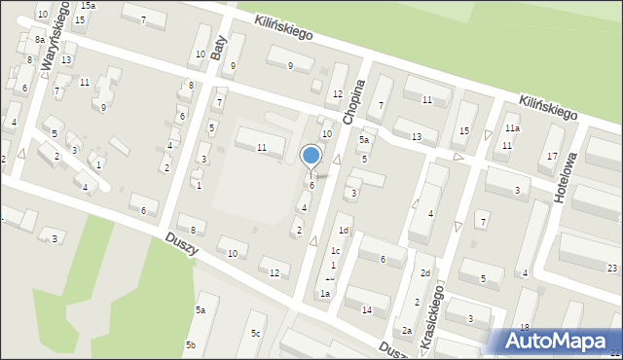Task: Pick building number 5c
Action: [x=255, y=334]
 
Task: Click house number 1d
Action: [x=343, y=231]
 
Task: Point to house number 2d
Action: [x=425, y=273]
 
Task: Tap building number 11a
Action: [x=512, y=128]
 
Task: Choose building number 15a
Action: [x=88, y=6]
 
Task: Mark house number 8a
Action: [x=39, y=39]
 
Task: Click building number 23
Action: [x=611, y=269]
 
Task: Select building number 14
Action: [x=366, y=310]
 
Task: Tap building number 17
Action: [x=552, y=157]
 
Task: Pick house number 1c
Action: [x=335, y=251]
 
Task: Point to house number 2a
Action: [x=407, y=332]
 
